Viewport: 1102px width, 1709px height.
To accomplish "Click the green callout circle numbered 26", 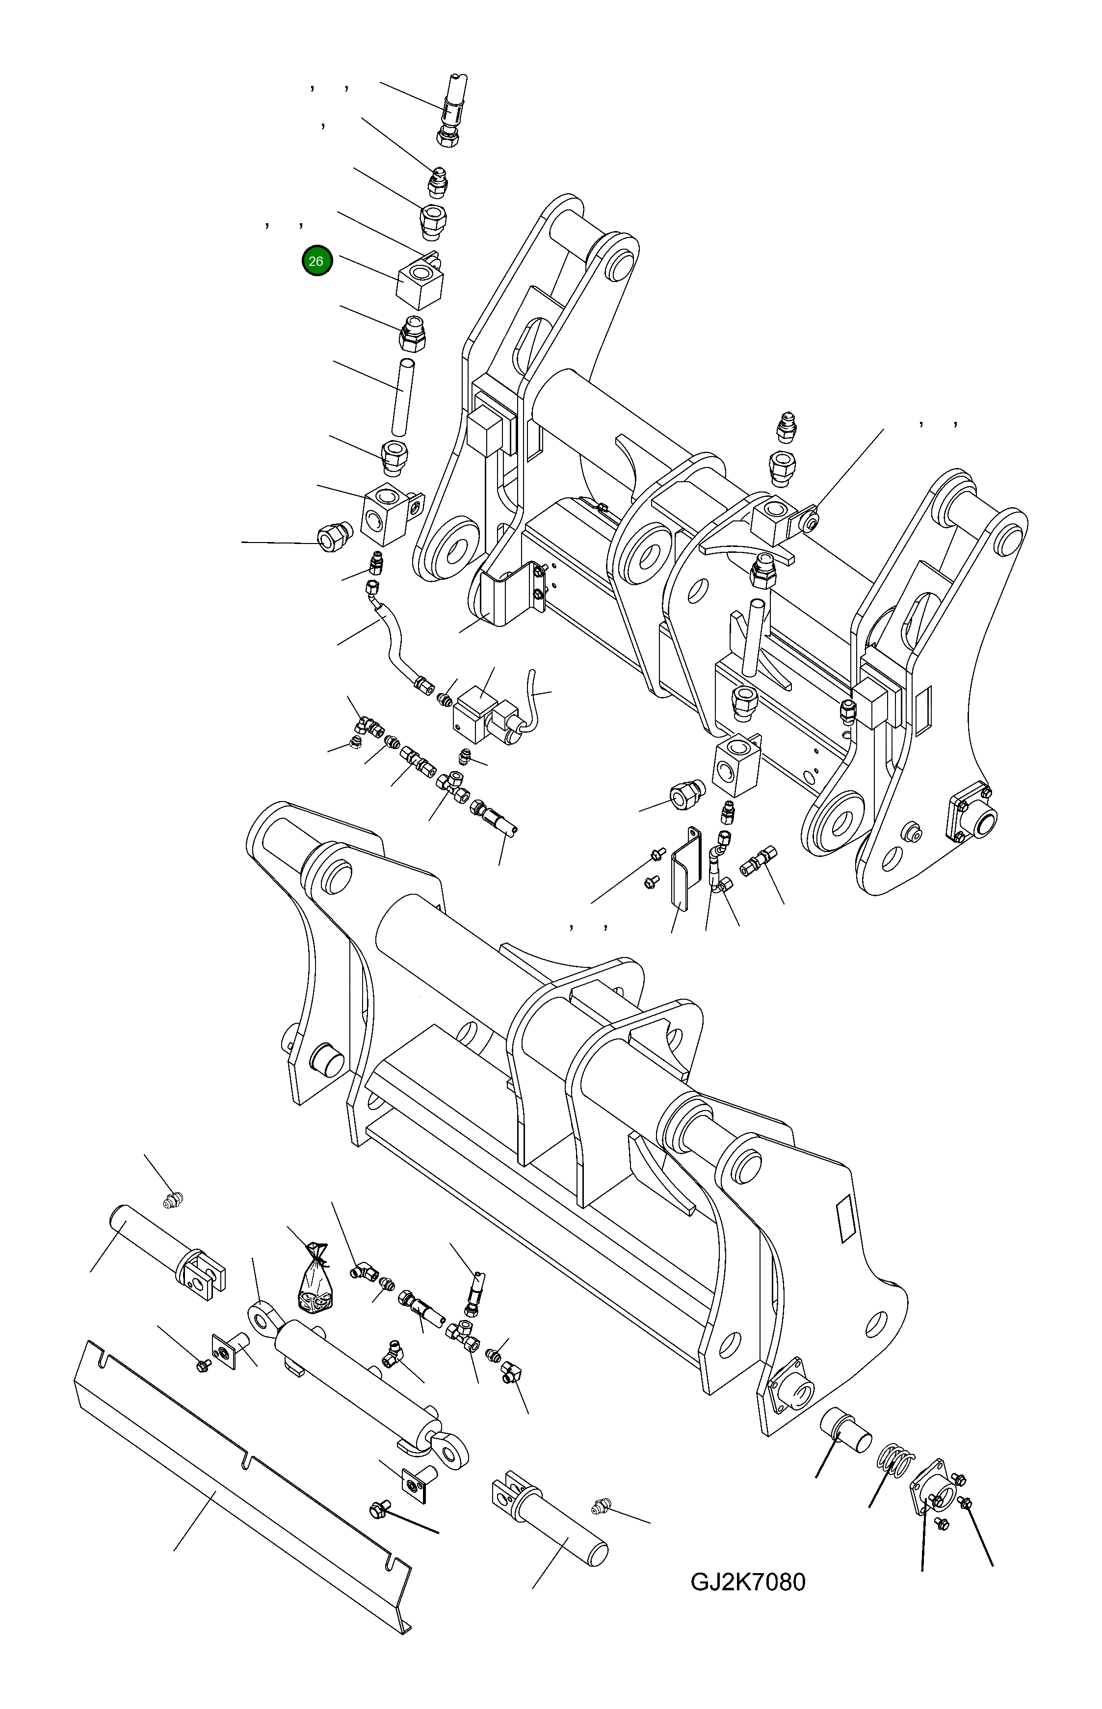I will click(x=316, y=261).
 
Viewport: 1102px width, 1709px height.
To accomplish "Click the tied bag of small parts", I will click(x=315, y=1287).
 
